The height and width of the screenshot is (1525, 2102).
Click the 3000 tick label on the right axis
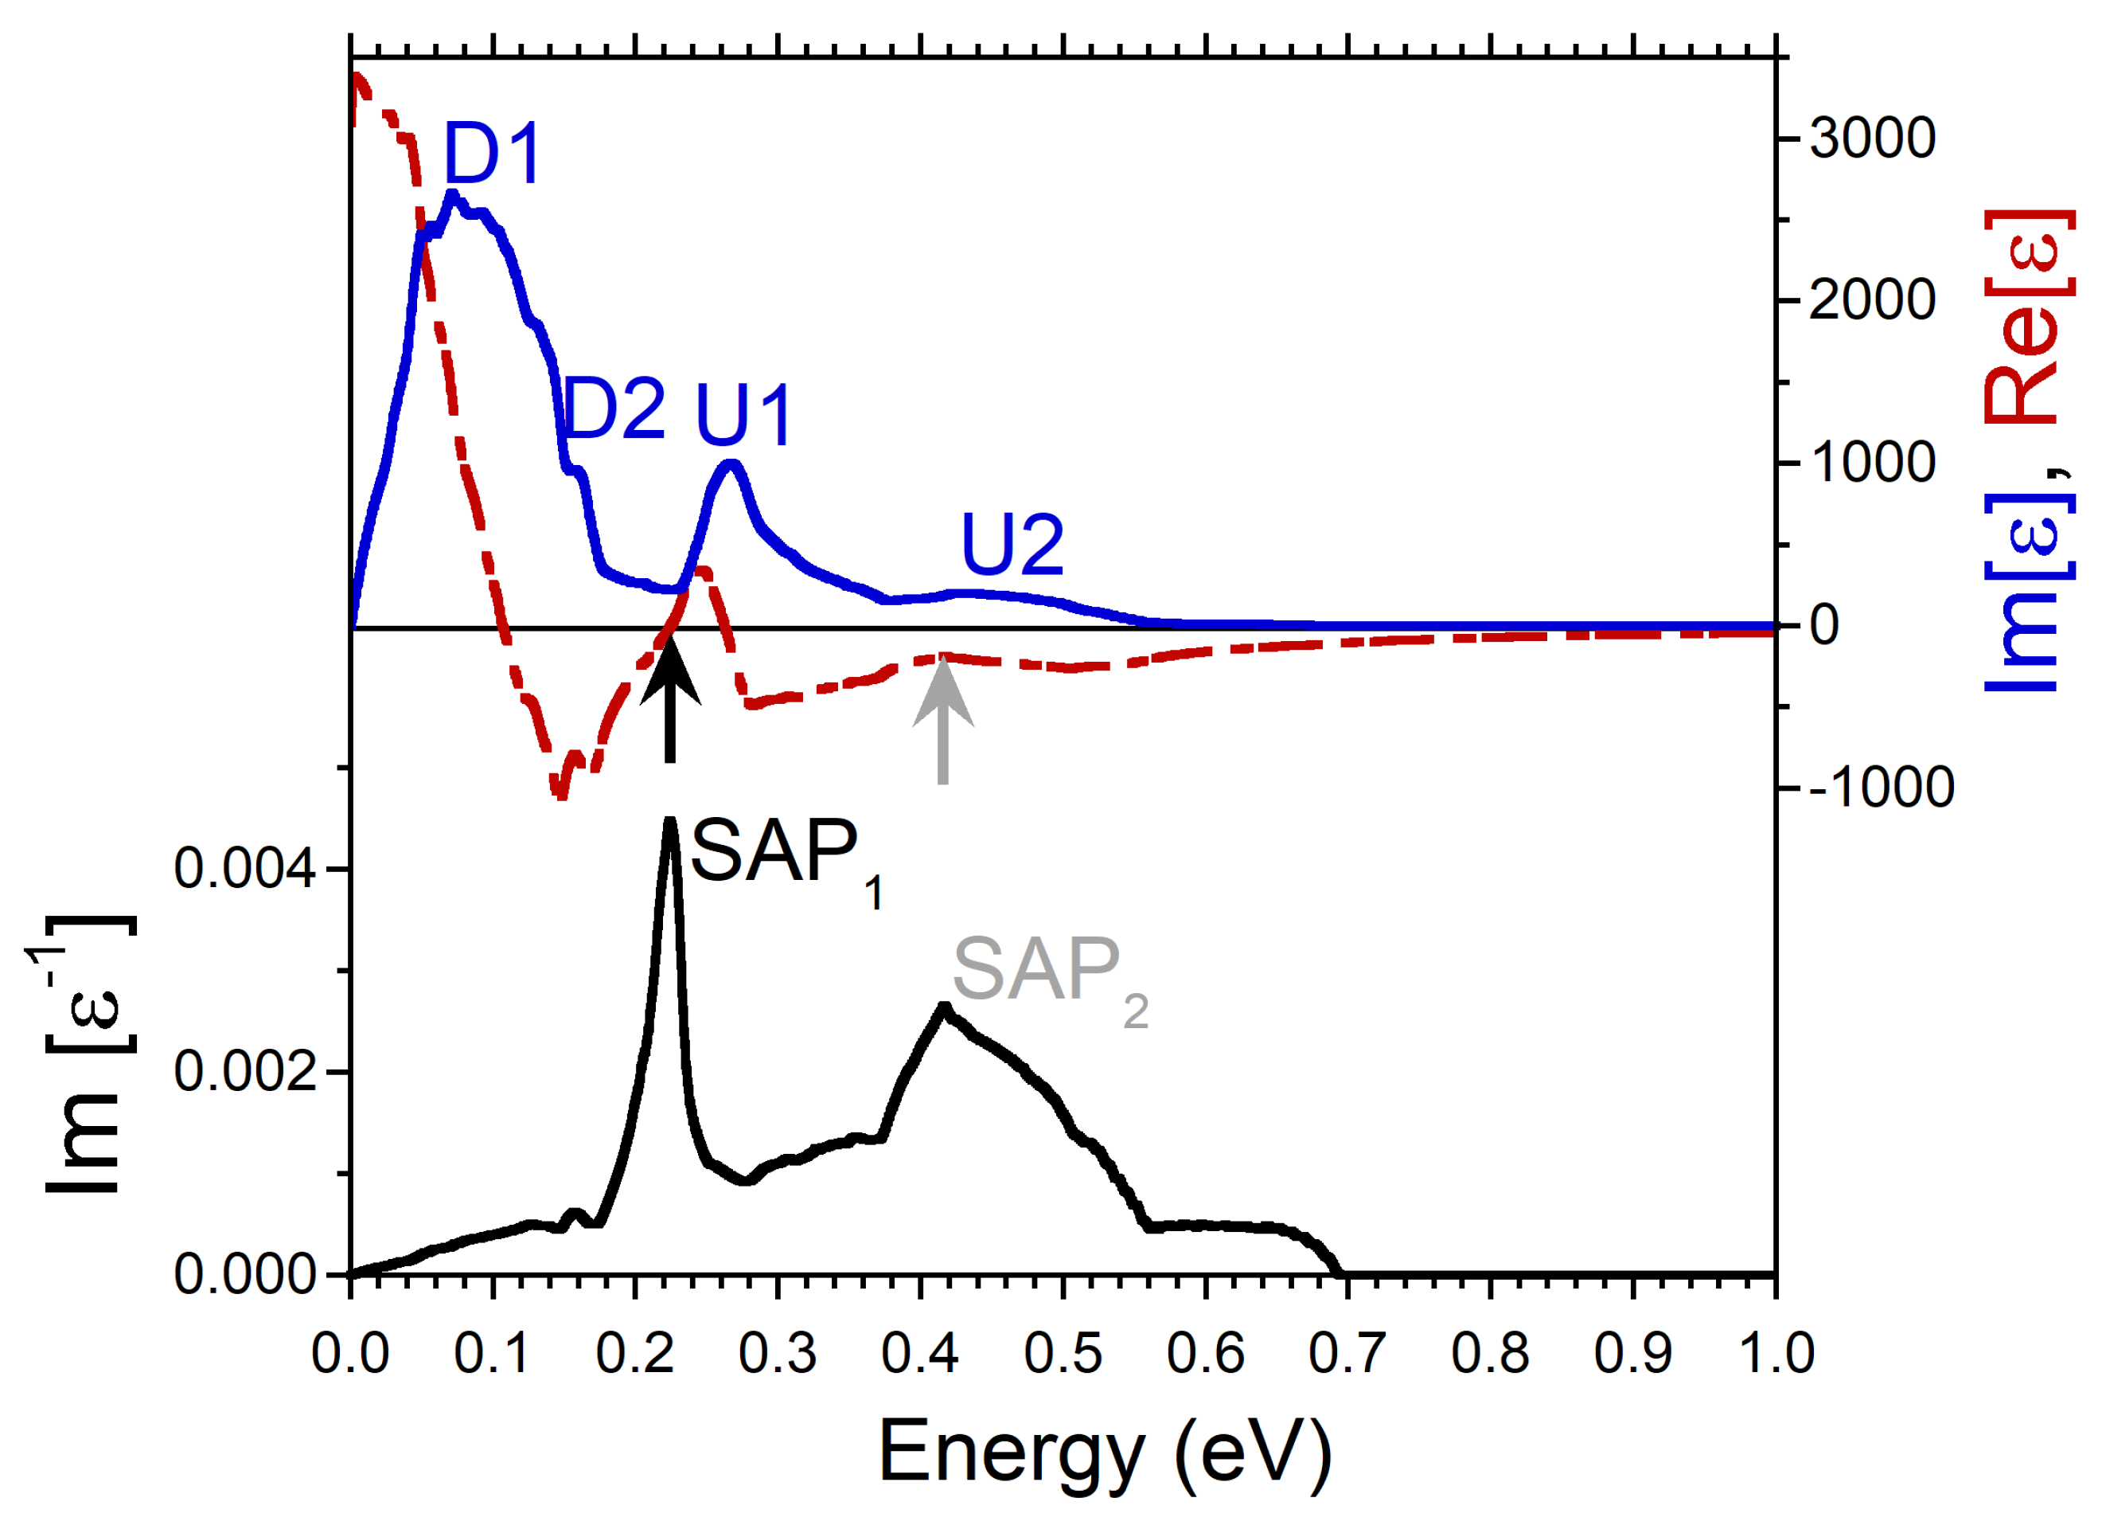click(1872, 139)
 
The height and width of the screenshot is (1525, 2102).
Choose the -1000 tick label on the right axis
click(1881, 788)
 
